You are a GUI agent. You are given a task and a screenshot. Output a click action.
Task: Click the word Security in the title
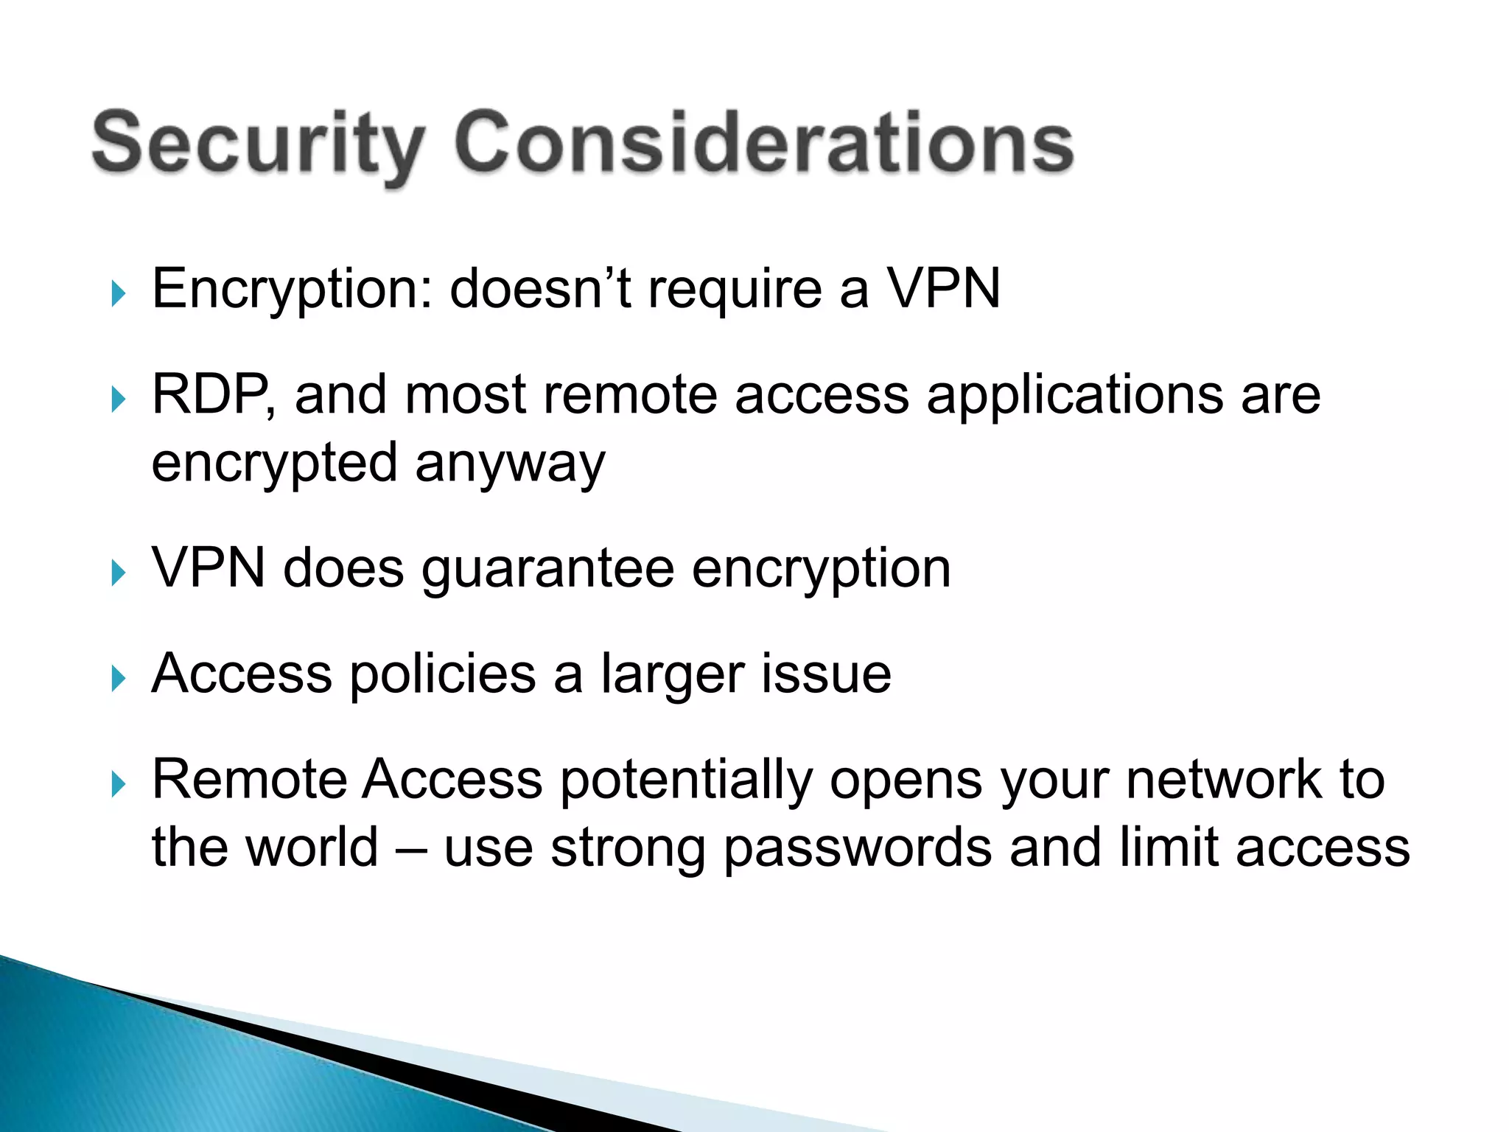(x=258, y=144)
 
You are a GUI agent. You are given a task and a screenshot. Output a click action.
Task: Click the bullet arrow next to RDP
(x=118, y=399)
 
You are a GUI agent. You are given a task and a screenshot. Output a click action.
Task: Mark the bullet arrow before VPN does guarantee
(x=118, y=573)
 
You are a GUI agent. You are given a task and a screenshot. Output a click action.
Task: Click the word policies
(x=442, y=675)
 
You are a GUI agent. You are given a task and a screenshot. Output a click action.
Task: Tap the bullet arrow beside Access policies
(x=118, y=678)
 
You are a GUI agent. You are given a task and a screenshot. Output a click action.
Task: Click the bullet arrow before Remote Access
(x=118, y=784)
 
